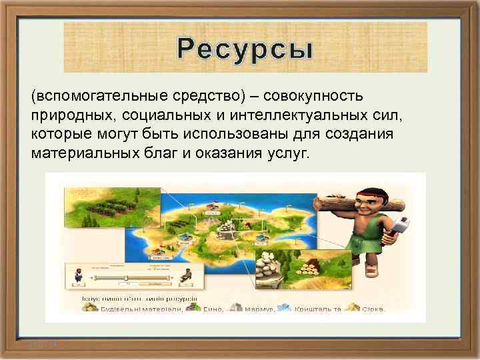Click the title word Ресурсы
click(x=245, y=49)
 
